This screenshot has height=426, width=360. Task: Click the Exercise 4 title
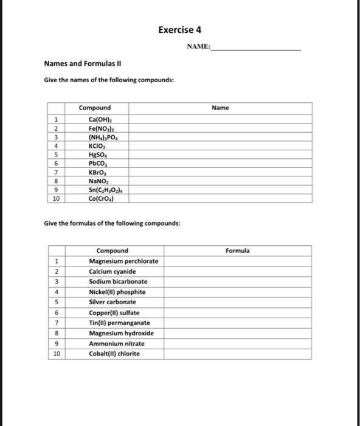pos(179,30)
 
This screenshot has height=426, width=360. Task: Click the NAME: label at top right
pos(199,47)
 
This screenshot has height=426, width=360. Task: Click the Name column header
pos(220,108)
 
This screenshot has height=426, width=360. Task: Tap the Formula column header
pos(237,251)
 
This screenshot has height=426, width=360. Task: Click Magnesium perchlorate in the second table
pos(123,261)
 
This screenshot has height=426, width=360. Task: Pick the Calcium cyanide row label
pos(112,271)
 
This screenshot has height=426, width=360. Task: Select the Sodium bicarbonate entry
pos(118,282)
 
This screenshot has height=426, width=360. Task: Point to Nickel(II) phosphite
pos(117,292)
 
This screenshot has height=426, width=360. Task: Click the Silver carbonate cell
pos(112,302)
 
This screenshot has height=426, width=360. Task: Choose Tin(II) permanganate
pos(119,323)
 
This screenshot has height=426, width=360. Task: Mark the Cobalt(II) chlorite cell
pos(114,354)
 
